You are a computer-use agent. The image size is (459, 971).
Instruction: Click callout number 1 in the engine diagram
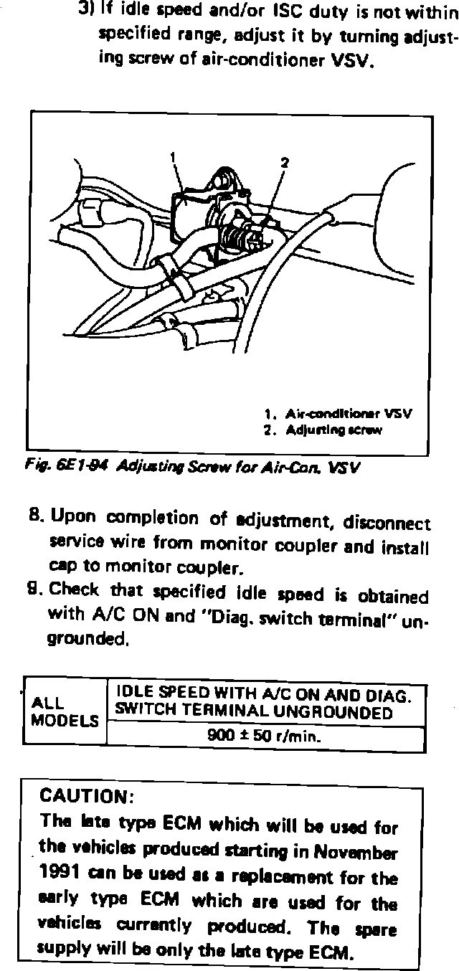click(173, 155)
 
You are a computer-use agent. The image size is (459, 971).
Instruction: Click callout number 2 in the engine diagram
click(284, 163)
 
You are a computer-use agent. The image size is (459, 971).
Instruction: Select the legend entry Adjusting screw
click(333, 430)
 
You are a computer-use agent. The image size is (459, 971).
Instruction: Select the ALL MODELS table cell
click(65, 711)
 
